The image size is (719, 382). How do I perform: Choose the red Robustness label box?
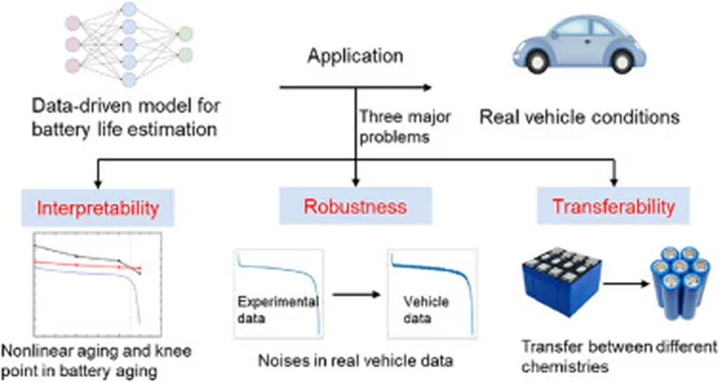(355, 207)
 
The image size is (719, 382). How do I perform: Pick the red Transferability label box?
(613, 207)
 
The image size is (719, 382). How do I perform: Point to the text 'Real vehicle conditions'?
(579, 117)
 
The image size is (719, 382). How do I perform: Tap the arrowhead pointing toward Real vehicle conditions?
(426, 88)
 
